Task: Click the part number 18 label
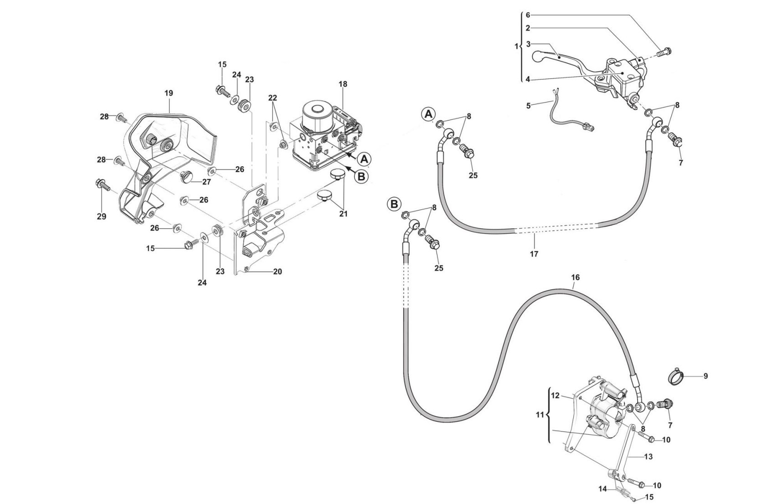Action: (x=343, y=84)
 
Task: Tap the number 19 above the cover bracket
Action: (x=169, y=93)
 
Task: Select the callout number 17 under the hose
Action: (x=534, y=254)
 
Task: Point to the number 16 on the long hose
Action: (x=575, y=278)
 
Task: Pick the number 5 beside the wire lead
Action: (x=528, y=106)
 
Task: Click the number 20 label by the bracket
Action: (x=278, y=272)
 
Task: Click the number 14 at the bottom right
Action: (x=603, y=489)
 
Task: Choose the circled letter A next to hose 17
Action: (x=428, y=115)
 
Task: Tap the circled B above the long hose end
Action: (x=394, y=204)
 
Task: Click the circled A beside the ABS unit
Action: (x=363, y=159)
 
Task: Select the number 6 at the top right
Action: (x=528, y=15)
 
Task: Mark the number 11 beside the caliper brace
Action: (x=540, y=415)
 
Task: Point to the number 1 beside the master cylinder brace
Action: (x=516, y=46)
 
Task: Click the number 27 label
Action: (x=206, y=182)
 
